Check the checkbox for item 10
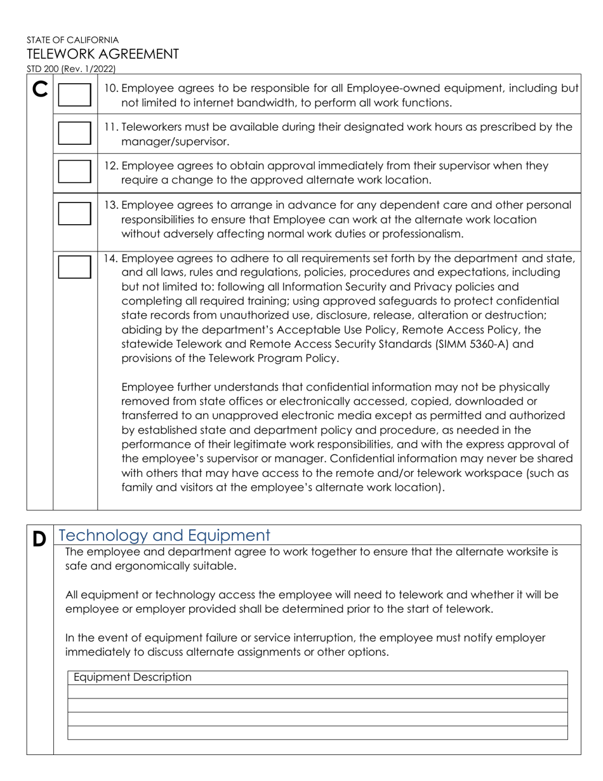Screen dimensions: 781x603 [x=74, y=95]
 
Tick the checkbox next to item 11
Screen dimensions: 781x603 [x=74, y=133]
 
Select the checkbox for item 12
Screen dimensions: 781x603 [x=74, y=171]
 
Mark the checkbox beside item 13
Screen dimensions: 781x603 [x=74, y=213]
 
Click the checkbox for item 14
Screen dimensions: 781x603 [x=74, y=267]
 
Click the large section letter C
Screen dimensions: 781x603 [x=39, y=91]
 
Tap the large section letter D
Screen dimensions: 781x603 [x=39, y=539]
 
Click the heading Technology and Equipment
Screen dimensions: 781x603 [x=164, y=535]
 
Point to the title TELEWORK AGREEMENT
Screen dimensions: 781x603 [x=102, y=54]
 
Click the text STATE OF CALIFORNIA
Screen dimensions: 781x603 [x=72, y=39]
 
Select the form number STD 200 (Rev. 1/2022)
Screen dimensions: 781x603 [x=71, y=69]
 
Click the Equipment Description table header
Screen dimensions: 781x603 [x=132, y=678]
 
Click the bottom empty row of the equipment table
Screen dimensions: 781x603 [x=317, y=733]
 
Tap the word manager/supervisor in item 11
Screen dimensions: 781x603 [x=175, y=142]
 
